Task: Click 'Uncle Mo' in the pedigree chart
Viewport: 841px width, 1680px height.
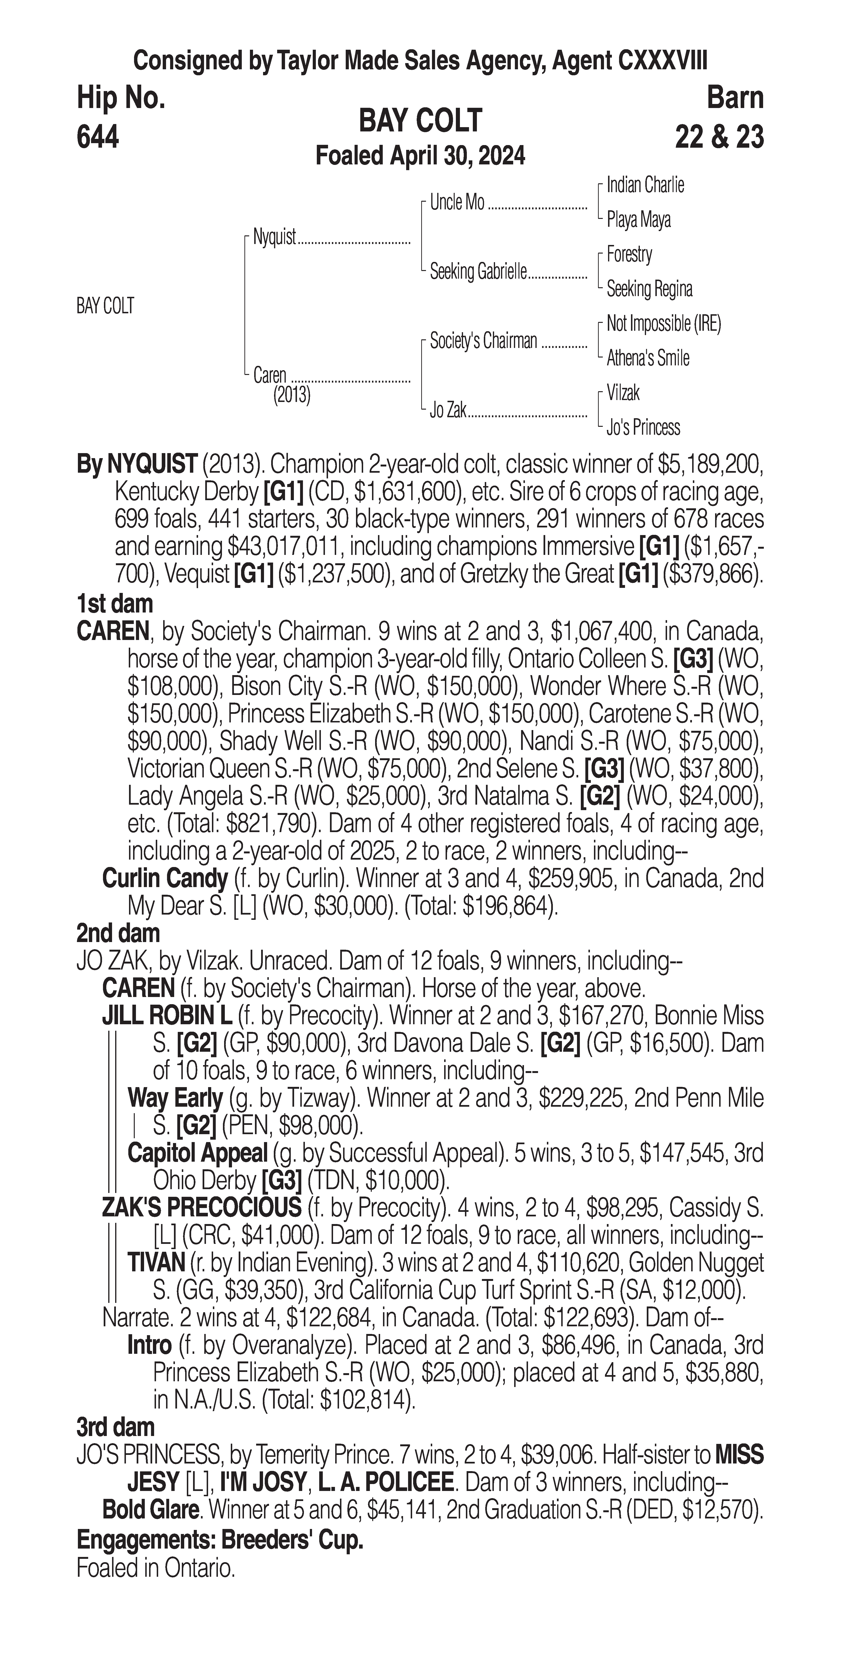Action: (x=457, y=203)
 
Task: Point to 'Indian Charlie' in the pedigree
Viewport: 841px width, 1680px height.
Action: (x=645, y=185)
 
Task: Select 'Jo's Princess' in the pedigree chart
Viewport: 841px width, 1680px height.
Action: (x=643, y=428)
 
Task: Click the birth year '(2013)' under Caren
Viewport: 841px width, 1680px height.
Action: (x=291, y=395)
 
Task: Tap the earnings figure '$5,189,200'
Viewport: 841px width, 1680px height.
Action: (x=711, y=465)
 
